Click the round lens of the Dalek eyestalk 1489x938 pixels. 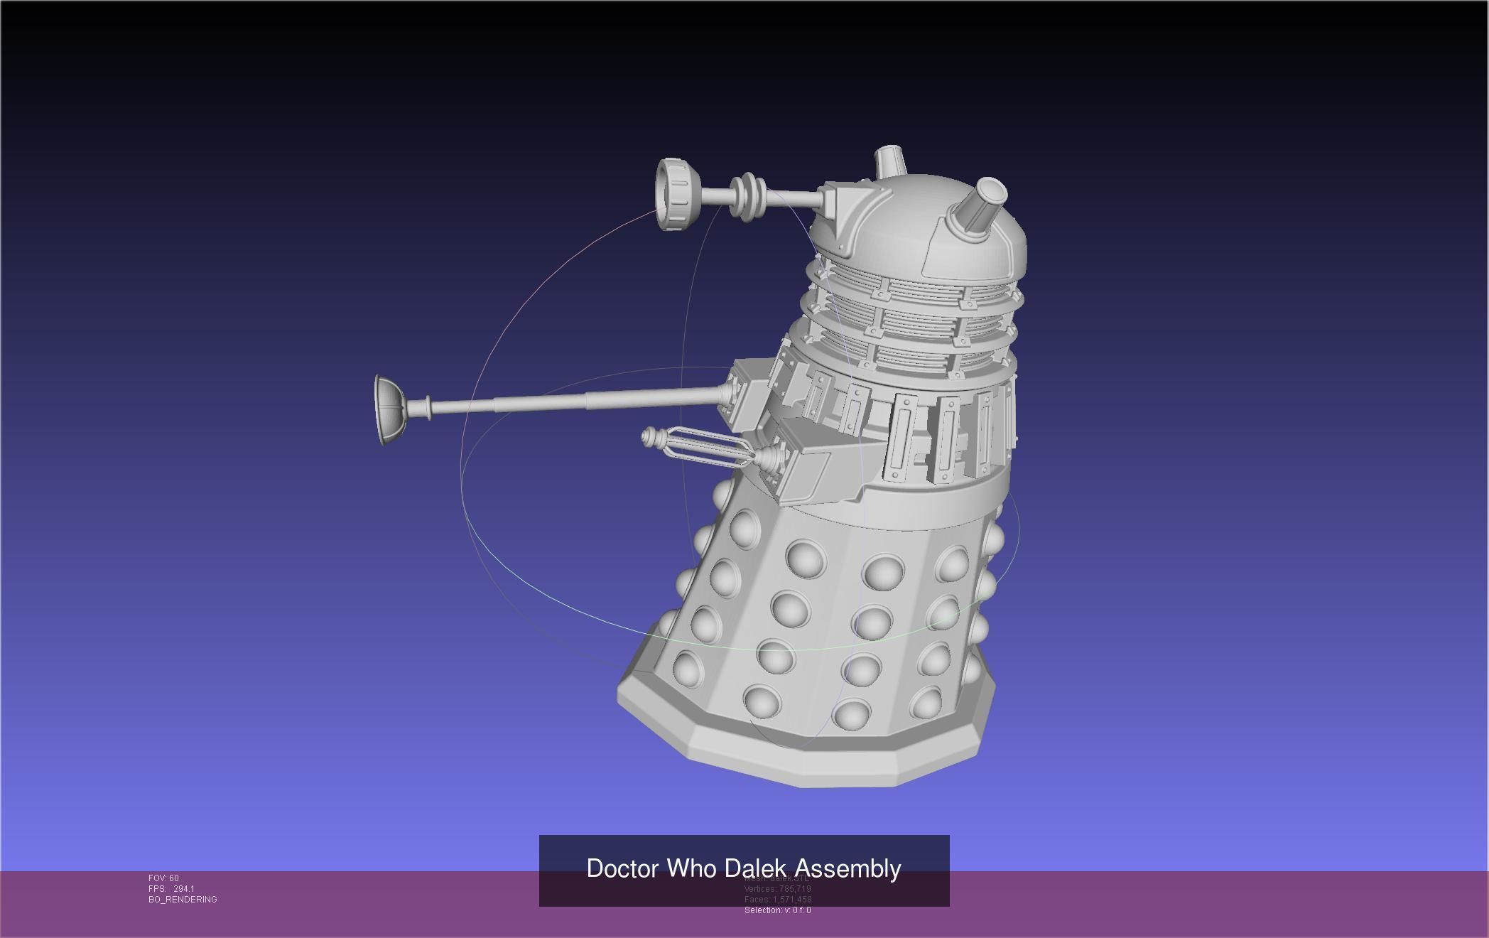pyautogui.click(x=671, y=194)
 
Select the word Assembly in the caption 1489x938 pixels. pyautogui.click(x=848, y=868)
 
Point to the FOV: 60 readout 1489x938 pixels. pyautogui.click(x=163, y=878)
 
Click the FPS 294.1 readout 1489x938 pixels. pyautogui.click(x=171, y=889)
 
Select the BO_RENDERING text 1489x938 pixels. pyautogui.click(x=183, y=900)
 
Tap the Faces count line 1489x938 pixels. pyautogui.click(x=777, y=900)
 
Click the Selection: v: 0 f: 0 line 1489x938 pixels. pyautogui.click(x=777, y=910)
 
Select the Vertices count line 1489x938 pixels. pyautogui.click(x=777, y=889)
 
